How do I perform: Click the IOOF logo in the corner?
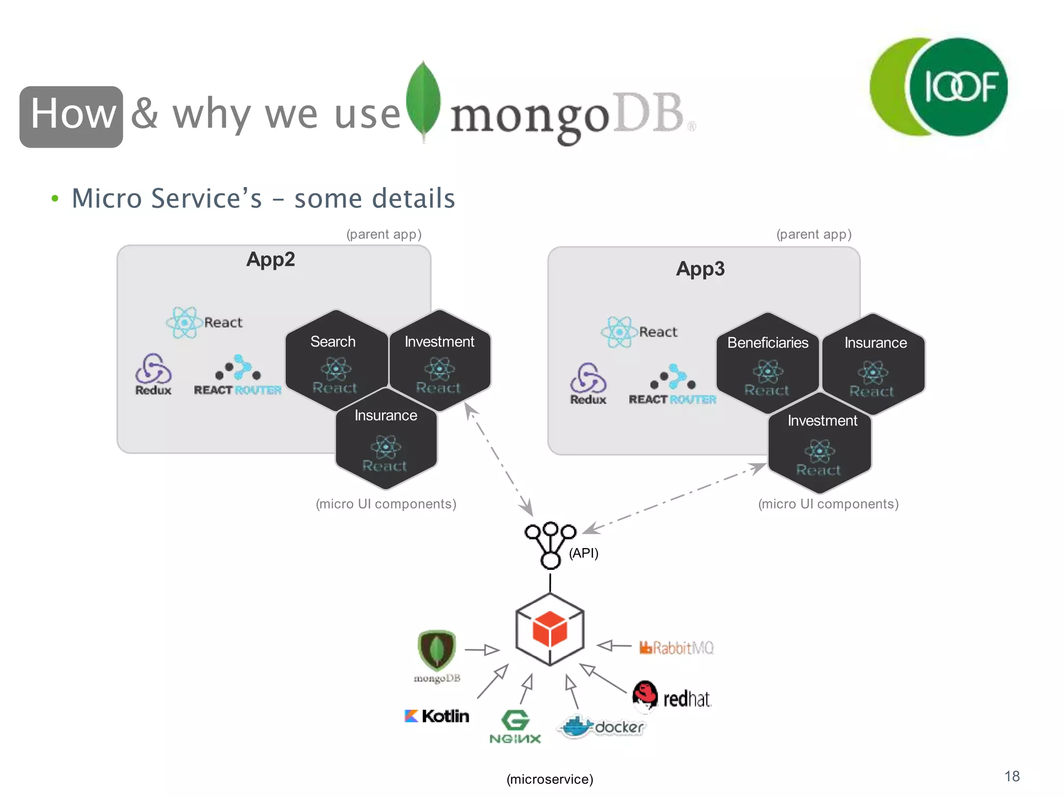[939, 87]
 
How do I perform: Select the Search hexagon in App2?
[336, 361]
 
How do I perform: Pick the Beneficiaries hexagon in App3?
[767, 363]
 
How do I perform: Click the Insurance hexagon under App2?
[385, 440]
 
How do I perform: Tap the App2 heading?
[270, 259]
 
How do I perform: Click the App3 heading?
[700, 269]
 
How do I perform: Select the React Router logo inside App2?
[237, 376]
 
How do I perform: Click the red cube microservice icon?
[550, 629]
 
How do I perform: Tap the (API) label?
[583, 553]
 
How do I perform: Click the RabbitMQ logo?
[676, 648]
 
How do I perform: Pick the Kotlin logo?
[436, 716]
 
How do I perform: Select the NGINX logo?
[515, 726]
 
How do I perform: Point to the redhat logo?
[671, 696]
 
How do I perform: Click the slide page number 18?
[1012, 776]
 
